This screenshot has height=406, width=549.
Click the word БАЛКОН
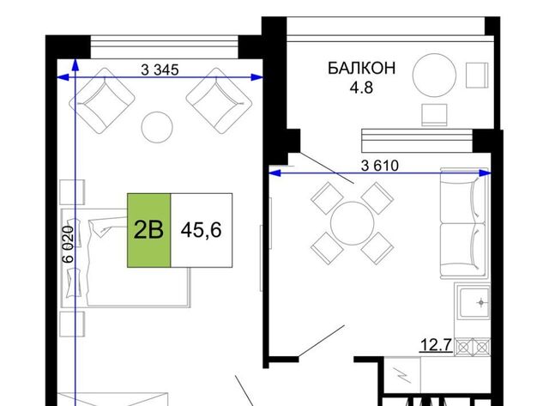point(361,68)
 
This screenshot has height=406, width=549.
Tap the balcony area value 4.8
point(361,88)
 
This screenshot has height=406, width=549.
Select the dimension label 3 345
point(160,70)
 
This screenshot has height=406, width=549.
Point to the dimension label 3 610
point(380,166)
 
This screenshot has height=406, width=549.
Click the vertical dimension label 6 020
point(68,244)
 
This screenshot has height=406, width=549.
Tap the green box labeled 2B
point(148,230)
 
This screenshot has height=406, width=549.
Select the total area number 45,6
point(201,230)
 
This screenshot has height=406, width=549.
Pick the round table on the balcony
point(434,75)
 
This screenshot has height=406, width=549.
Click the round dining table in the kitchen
point(353,223)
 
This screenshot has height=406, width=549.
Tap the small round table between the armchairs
point(157,127)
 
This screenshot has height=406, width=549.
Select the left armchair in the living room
point(102,101)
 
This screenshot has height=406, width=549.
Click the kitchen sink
point(474,303)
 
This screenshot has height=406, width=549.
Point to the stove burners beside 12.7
point(473,347)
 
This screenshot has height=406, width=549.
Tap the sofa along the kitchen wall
point(463,223)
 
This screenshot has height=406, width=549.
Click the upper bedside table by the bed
point(72,192)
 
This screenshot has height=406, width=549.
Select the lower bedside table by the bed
point(72,324)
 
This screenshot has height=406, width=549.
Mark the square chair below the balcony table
point(434,115)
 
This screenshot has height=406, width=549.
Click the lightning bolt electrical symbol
point(402,375)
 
